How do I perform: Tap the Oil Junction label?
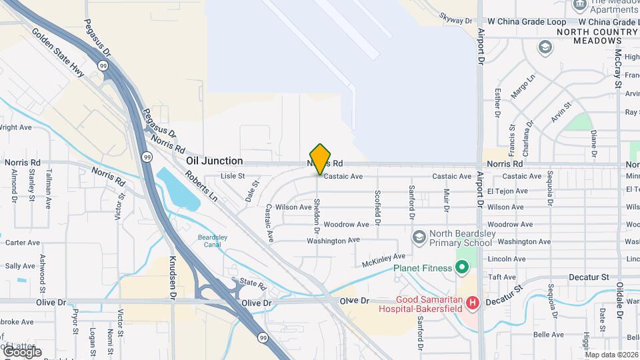coord(214,161)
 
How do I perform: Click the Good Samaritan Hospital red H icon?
coord(473,304)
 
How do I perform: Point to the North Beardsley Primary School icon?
coord(419,237)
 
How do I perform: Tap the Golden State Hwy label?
coord(58,53)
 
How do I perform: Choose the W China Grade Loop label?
coord(527,21)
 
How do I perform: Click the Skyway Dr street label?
coord(456,19)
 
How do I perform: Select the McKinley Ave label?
coord(383,260)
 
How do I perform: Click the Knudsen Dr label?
coord(172,277)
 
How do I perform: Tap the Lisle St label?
coord(233,176)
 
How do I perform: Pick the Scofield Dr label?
coord(377,206)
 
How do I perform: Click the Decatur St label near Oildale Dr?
coord(589,277)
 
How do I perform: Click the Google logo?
coord(22,351)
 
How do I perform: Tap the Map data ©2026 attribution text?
coord(611,355)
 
